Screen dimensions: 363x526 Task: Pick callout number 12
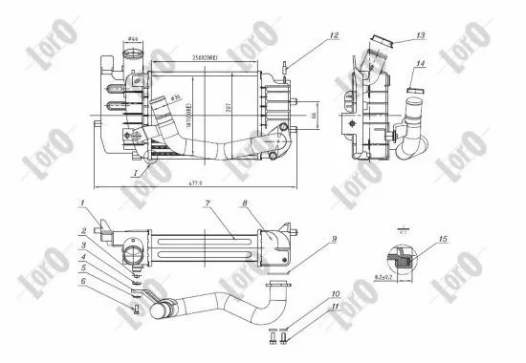point(334,36)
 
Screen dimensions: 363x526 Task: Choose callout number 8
point(247,203)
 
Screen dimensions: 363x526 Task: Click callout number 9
point(335,239)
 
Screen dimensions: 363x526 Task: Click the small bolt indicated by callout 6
point(137,308)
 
